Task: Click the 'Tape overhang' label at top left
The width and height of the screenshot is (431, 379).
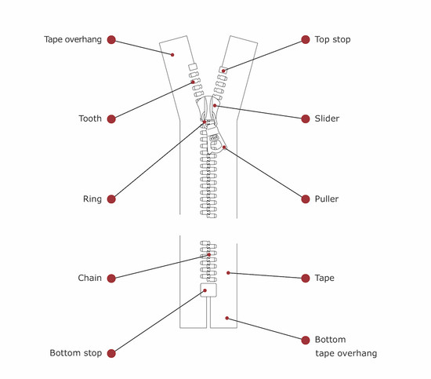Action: [x=73, y=39]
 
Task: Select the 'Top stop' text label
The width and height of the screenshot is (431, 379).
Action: [x=332, y=39]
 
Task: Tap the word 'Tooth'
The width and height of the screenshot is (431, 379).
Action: [x=90, y=119]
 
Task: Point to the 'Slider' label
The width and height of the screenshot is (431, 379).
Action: [x=327, y=119]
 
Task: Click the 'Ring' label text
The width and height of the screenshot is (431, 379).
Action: [x=92, y=199]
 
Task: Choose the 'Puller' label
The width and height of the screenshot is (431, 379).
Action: [x=327, y=199]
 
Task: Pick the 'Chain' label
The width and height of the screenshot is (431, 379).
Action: [x=89, y=278]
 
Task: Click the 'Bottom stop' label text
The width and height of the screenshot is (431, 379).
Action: [x=75, y=353]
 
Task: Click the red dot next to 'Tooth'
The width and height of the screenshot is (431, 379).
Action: [x=111, y=119]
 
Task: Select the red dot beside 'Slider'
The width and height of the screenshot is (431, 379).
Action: [x=307, y=119]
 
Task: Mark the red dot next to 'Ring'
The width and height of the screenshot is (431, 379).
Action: [x=111, y=199]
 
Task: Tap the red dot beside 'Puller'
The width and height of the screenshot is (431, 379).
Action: [x=307, y=199]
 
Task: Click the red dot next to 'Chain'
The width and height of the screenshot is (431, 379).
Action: [x=111, y=278]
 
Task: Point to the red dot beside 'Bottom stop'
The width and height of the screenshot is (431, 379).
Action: [x=111, y=353]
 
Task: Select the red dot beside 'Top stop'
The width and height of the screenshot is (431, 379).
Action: [x=307, y=39]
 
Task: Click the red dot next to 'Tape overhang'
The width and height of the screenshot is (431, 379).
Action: [x=111, y=39]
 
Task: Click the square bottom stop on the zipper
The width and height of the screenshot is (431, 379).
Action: [x=208, y=291]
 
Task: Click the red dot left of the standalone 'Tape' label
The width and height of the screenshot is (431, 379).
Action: [x=307, y=278]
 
